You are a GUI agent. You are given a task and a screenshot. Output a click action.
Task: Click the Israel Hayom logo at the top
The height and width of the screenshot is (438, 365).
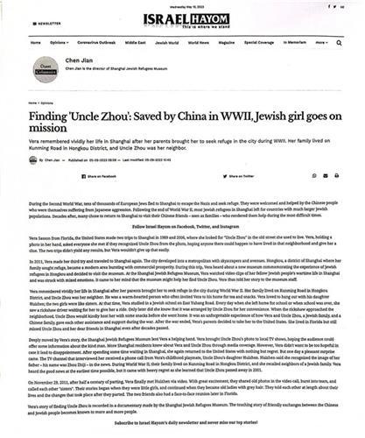(182, 18)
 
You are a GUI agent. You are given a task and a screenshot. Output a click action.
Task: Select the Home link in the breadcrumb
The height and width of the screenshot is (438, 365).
(27, 102)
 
